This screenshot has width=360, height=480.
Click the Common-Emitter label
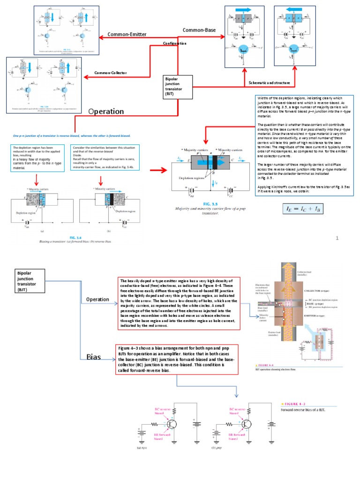pos(127,34)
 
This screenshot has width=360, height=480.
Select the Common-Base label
pos(199,30)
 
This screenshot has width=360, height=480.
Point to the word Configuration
pos(175,43)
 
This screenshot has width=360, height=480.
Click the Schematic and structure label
pos(269,82)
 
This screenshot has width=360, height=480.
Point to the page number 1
pos(337,239)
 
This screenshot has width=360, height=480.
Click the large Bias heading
pos(94,357)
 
